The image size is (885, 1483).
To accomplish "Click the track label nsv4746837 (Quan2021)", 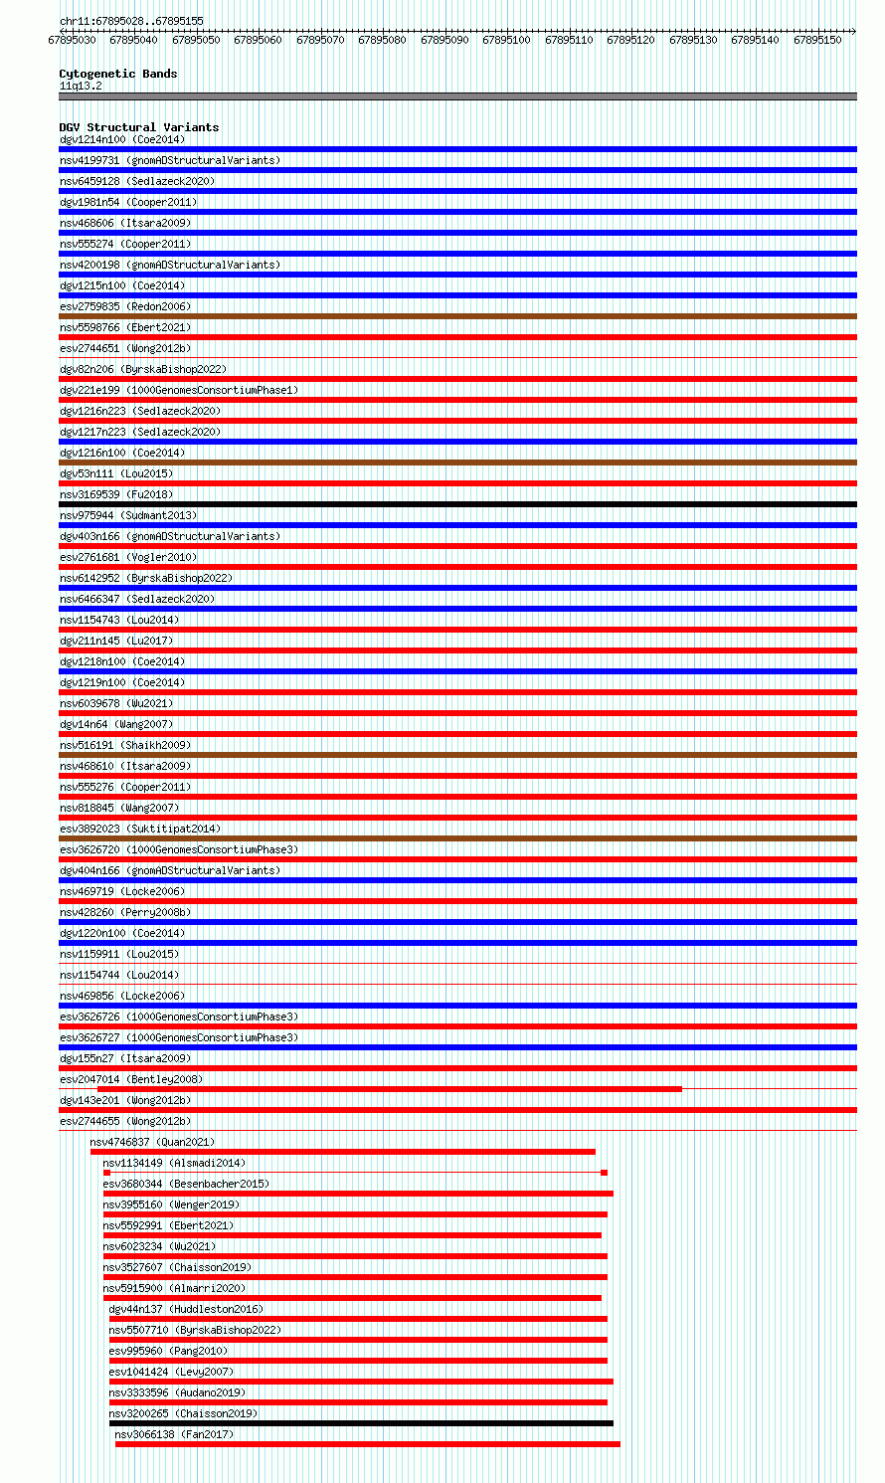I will [x=152, y=1142].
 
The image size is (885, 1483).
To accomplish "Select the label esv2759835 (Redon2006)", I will [x=124, y=306].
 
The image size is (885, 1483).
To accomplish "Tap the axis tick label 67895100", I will [x=506, y=40].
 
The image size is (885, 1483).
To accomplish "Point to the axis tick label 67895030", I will [x=72, y=40].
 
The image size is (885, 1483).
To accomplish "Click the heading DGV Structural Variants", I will [x=138, y=127].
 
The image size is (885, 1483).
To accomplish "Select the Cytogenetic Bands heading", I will [x=117, y=74].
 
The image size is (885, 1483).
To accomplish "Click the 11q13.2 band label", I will [x=81, y=86].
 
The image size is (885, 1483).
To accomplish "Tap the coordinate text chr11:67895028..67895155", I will [x=131, y=21].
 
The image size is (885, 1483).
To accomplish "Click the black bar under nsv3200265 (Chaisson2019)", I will [x=361, y=1423].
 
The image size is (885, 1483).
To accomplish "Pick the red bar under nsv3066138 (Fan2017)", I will [x=367, y=1444].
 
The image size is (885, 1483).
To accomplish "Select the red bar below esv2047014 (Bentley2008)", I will [x=370, y=1089].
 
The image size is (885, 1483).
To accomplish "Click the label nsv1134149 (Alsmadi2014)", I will [x=174, y=1163].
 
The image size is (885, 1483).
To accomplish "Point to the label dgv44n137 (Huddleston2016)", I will [x=186, y=1309].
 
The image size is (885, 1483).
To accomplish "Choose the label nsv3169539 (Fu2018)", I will [x=115, y=494].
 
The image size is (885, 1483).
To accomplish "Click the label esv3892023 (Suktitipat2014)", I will [x=140, y=829].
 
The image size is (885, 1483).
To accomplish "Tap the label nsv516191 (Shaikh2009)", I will [x=124, y=745].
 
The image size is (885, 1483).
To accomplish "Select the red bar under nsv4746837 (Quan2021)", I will [x=342, y=1152].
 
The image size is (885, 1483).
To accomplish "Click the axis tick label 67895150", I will [x=817, y=40].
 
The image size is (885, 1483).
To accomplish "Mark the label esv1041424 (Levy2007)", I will [x=171, y=1372].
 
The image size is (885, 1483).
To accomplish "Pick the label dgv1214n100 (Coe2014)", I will [x=121, y=139].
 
